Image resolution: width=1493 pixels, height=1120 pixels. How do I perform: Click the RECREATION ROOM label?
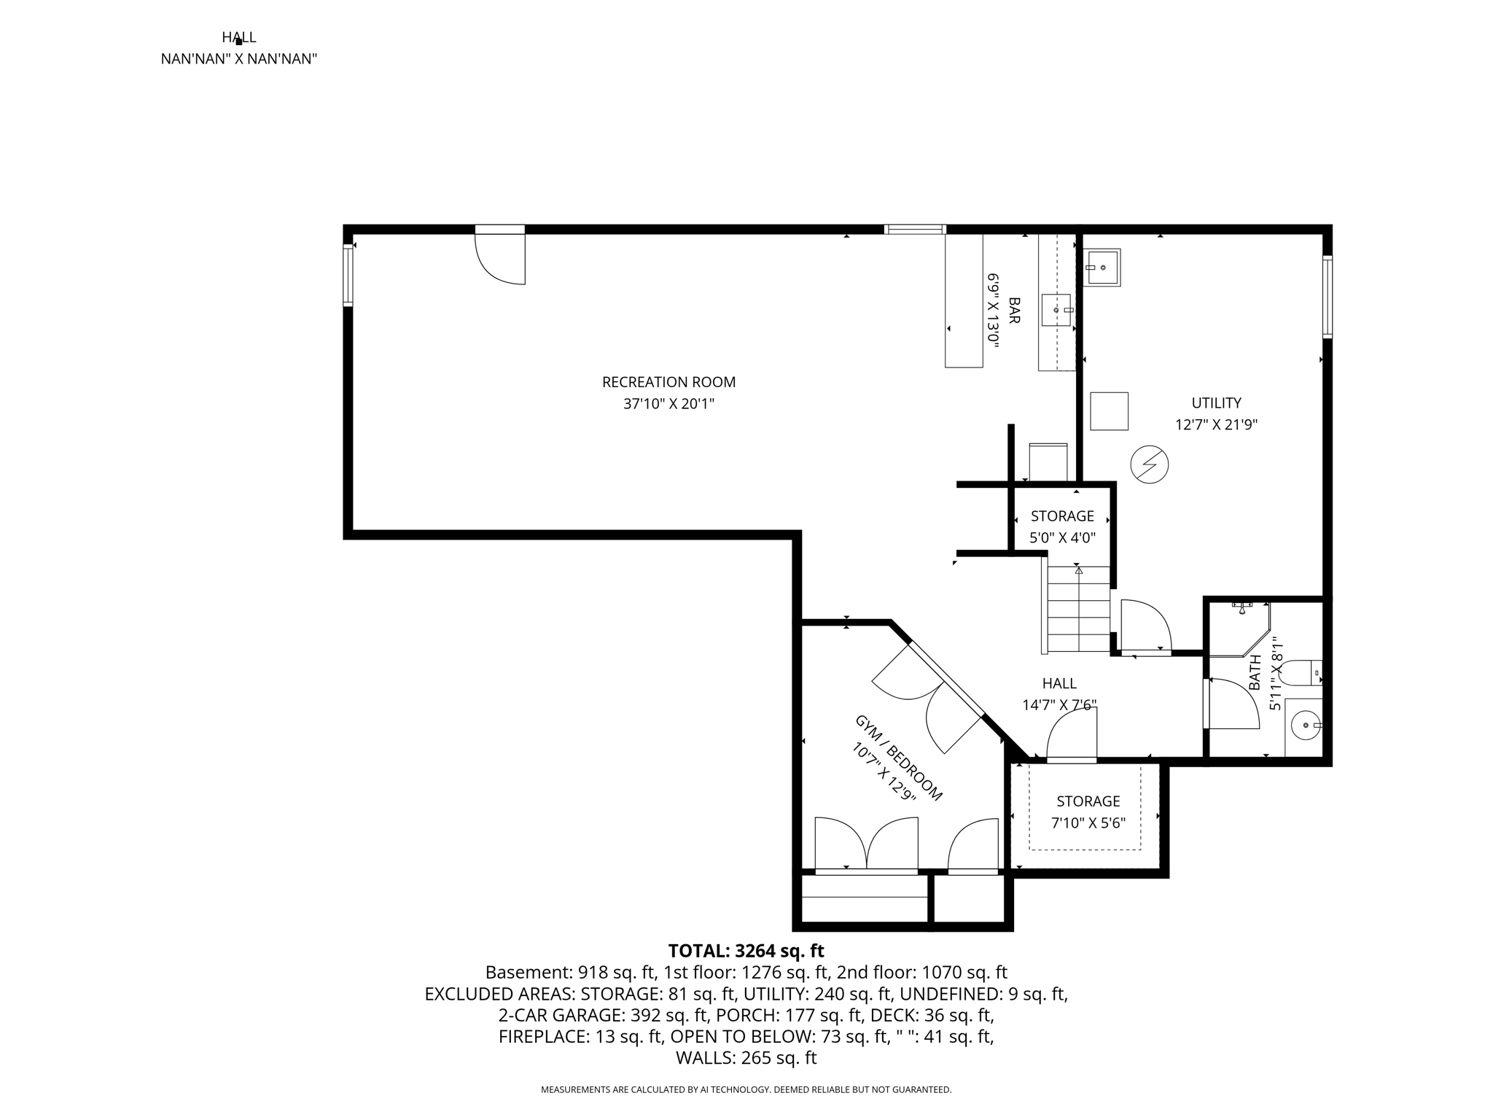tap(668, 382)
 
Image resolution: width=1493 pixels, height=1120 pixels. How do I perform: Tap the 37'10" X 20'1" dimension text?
tap(668, 404)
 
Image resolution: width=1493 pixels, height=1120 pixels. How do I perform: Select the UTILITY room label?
tap(1216, 403)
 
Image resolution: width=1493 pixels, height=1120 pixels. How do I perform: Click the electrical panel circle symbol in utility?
tap(1150, 464)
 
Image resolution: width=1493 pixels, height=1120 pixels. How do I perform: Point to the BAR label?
tap(1014, 311)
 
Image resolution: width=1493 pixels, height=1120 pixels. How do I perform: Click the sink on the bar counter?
tap(1056, 310)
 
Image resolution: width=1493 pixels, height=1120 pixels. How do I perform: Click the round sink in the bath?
tap(1304, 726)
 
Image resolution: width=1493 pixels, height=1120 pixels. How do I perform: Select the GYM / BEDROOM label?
tap(898, 758)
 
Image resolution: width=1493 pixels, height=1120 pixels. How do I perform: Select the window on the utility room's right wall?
tap(1328, 297)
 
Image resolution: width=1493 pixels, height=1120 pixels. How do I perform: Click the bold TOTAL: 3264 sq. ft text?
tap(746, 951)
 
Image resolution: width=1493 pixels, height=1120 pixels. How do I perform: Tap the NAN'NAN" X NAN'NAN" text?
tap(238, 59)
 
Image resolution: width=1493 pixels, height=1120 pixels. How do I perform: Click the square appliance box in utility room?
tap(1109, 411)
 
